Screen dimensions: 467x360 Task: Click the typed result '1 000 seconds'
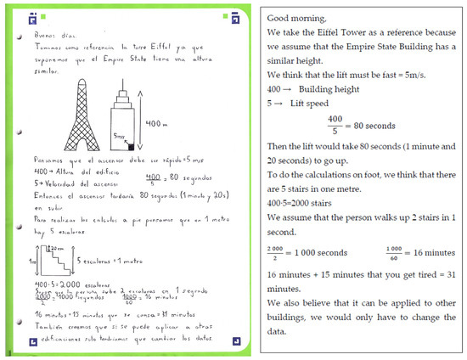318,251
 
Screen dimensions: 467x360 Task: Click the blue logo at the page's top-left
32,15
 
